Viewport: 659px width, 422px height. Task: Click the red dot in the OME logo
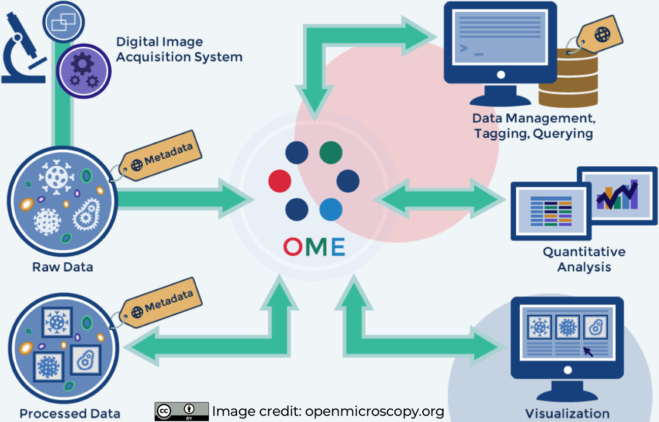pos(279,182)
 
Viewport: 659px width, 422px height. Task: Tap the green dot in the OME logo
pos(331,153)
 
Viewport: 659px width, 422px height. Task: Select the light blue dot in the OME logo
pos(331,209)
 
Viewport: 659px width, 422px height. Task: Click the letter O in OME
pos(293,247)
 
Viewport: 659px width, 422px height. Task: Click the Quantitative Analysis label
pos(584,259)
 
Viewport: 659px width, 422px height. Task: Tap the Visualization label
pos(567,413)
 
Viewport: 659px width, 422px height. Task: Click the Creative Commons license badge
pos(181,411)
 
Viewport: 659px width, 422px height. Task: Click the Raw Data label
pos(62,266)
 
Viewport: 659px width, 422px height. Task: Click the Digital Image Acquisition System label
pos(179,49)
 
